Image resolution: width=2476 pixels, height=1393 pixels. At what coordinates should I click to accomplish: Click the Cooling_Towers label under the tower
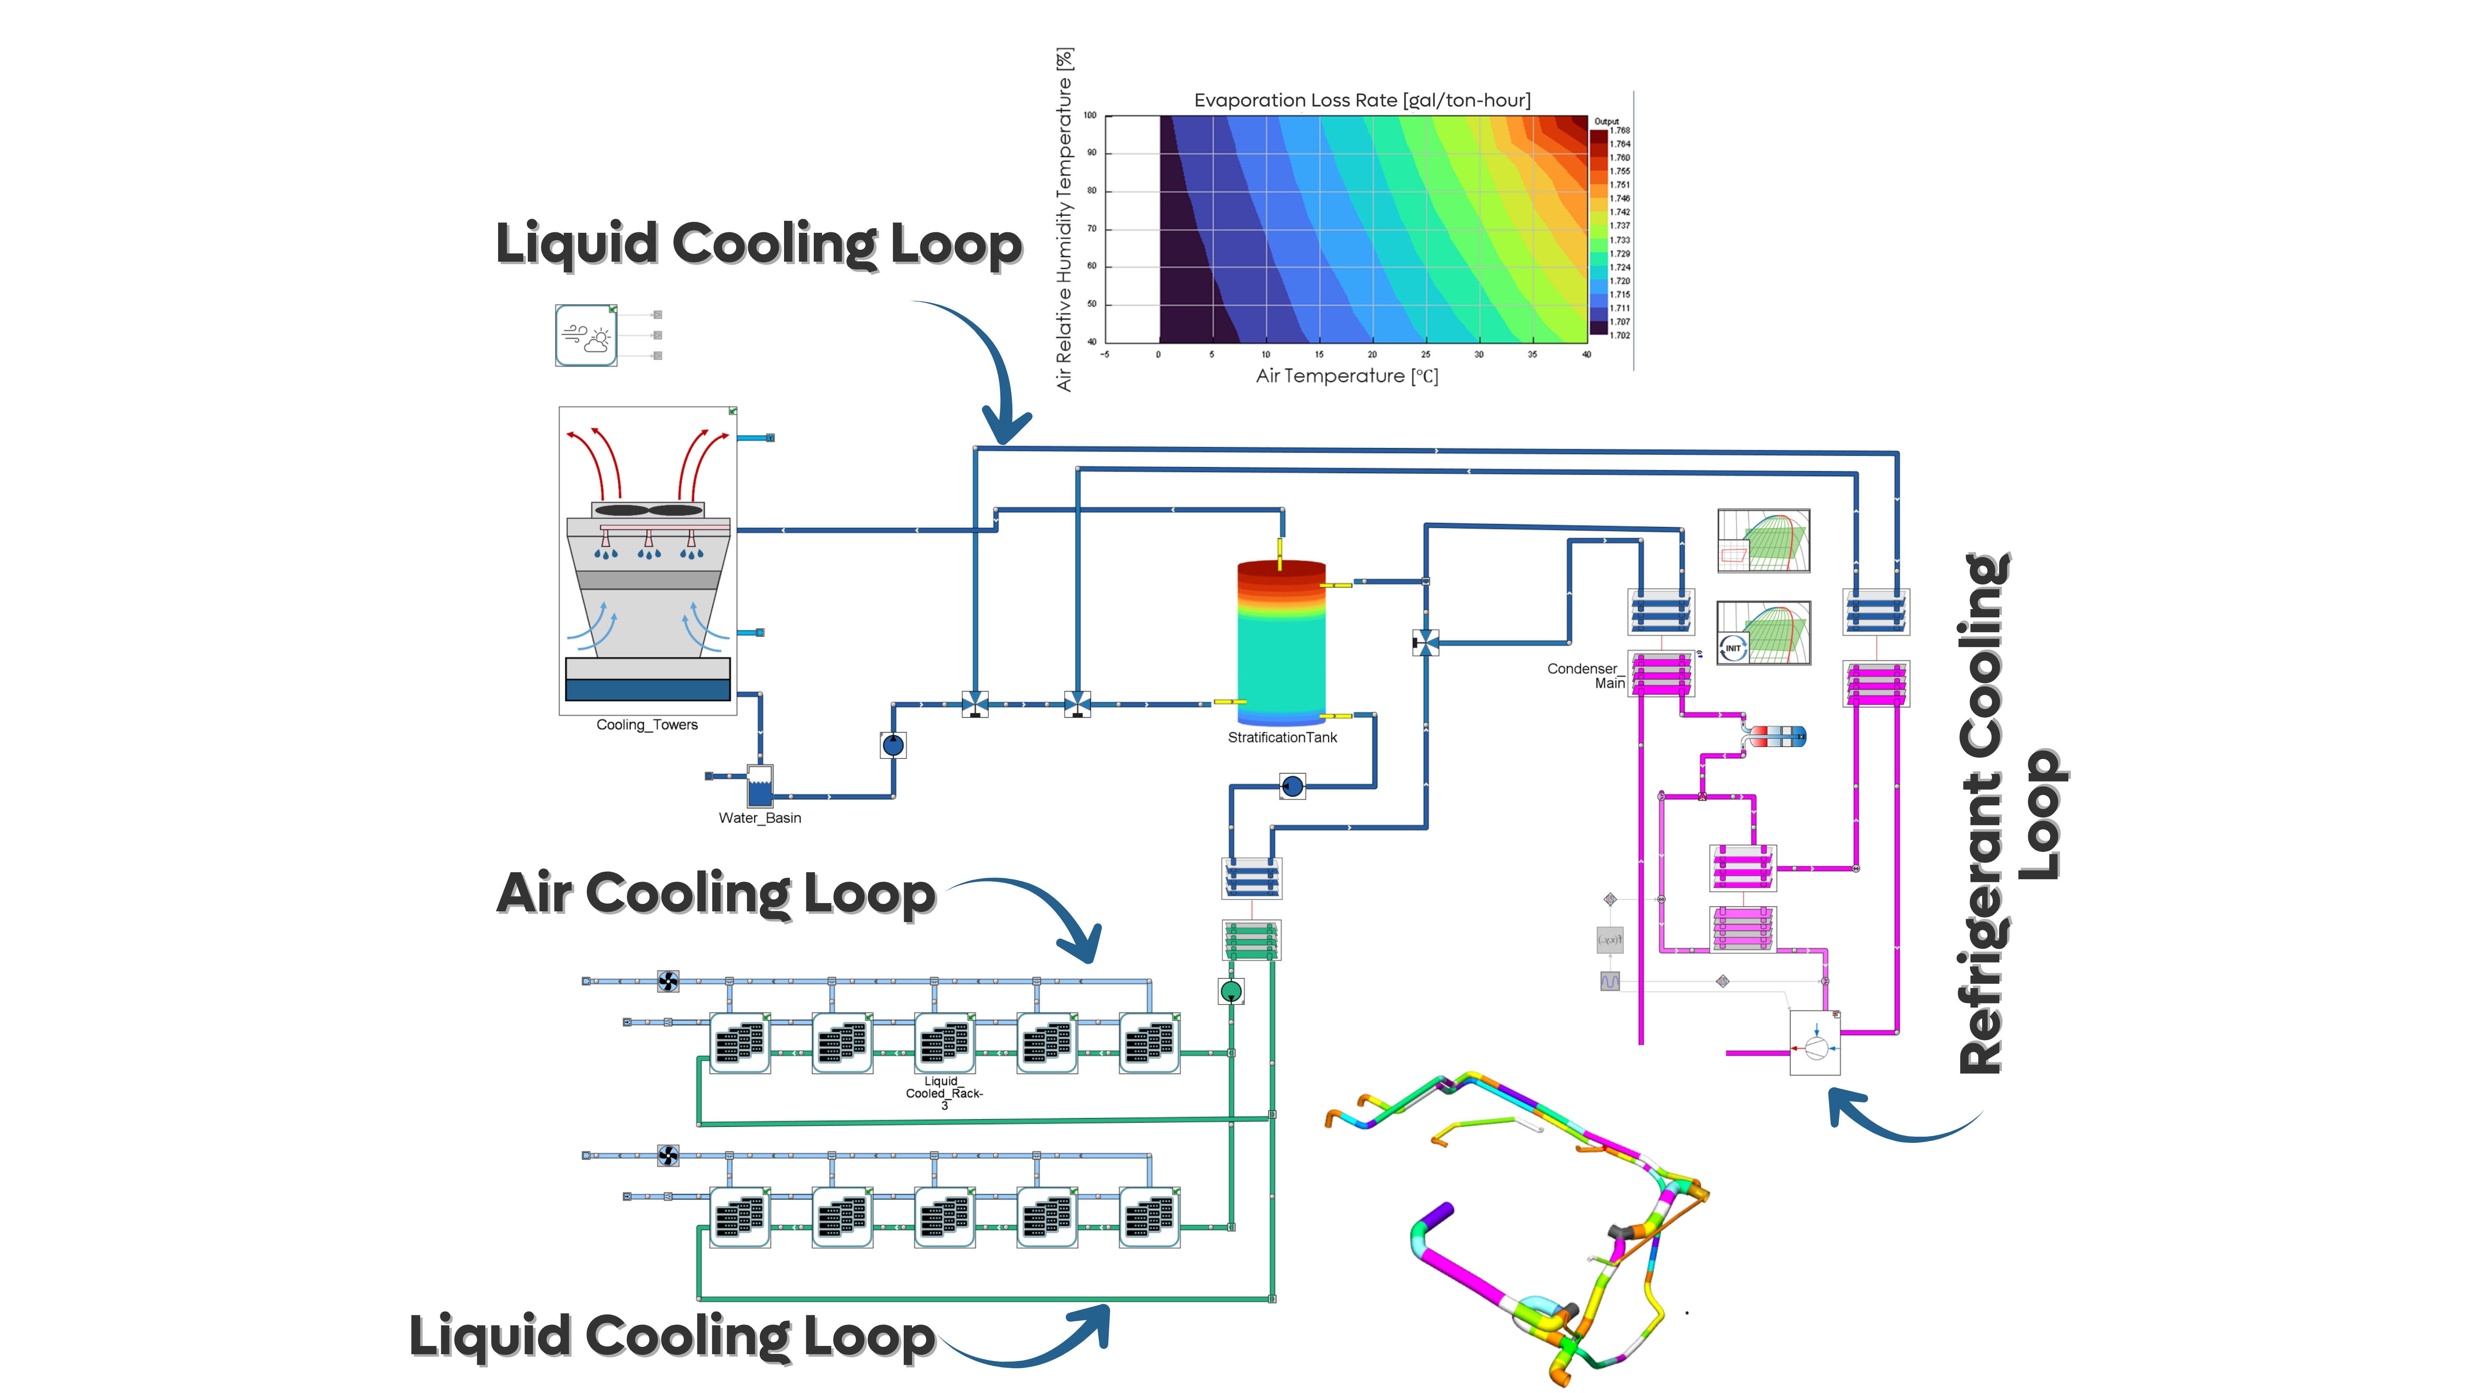coord(647,725)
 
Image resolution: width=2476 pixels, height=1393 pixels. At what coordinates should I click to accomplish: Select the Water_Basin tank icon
coord(759,786)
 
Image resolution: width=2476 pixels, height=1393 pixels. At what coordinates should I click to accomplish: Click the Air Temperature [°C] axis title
coord(1347,376)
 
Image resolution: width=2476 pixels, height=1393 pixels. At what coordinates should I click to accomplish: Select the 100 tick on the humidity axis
coord(1090,116)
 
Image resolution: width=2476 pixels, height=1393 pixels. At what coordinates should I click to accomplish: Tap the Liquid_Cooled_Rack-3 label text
coord(944,1093)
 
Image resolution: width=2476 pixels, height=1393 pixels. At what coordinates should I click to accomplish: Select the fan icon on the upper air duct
coord(668,981)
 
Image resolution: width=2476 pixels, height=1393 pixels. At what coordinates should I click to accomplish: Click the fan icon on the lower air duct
coord(668,1154)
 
